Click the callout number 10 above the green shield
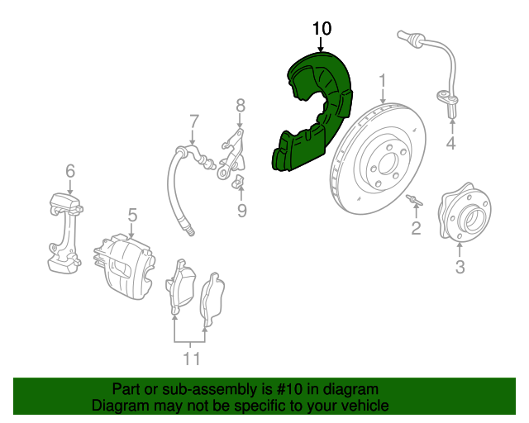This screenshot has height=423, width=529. [x=322, y=29]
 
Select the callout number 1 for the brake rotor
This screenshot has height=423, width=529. [x=383, y=80]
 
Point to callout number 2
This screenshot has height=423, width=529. [x=416, y=226]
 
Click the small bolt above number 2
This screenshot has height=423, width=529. [x=414, y=200]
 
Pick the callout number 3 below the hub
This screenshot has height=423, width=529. [x=460, y=266]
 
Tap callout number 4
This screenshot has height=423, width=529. [x=450, y=145]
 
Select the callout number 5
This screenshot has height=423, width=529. [x=131, y=215]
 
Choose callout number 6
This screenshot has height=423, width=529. [x=70, y=171]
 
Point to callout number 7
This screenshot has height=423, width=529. [x=193, y=120]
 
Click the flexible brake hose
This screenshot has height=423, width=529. [x=176, y=190]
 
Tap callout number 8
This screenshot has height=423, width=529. [x=241, y=105]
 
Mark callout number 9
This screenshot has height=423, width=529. [x=241, y=211]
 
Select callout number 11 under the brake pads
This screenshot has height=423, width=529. [x=191, y=359]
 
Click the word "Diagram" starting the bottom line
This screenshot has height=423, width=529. [x=118, y=406]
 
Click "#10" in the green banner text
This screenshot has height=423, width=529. [x=289, y=389]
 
